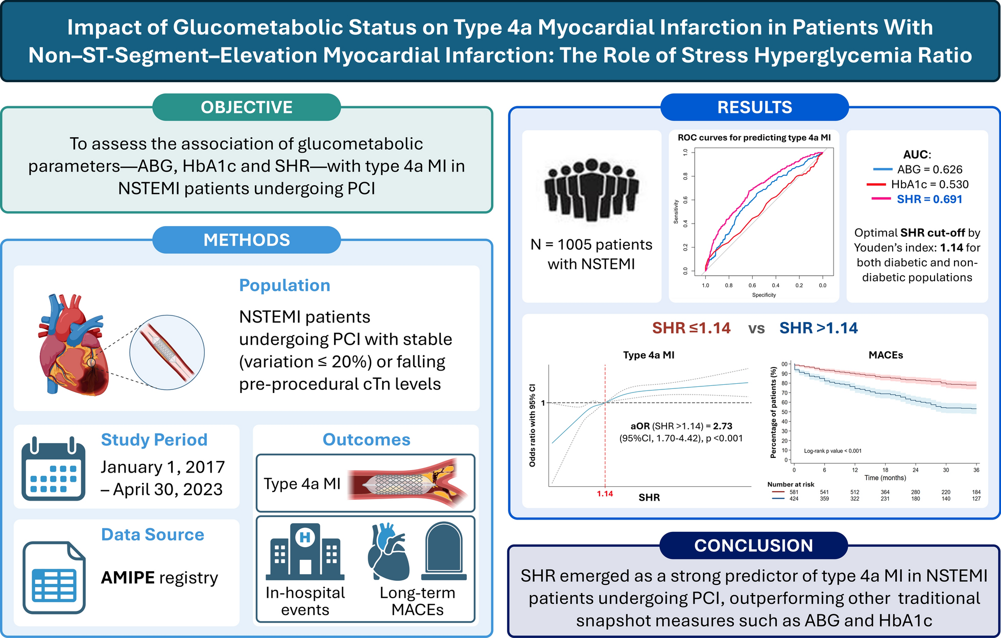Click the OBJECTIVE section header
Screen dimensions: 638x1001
point(247,107)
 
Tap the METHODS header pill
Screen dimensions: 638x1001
point(247,240)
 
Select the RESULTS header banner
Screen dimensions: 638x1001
point(754,107)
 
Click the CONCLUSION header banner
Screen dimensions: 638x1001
point(753,546)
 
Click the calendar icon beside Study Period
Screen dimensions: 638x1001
point(53,469)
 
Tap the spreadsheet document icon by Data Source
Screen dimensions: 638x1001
point(54,577)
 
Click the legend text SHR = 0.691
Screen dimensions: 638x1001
point(929,199)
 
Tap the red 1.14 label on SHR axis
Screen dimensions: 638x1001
point(605,494)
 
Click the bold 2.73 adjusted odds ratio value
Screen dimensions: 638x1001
point(723,426)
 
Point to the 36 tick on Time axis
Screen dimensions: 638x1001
point(976,470)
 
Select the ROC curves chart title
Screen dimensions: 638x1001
point(754,137)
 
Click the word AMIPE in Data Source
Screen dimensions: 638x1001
point(128,577)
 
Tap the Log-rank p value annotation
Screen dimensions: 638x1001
point(832,451)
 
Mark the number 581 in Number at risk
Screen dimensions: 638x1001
point(794,492)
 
